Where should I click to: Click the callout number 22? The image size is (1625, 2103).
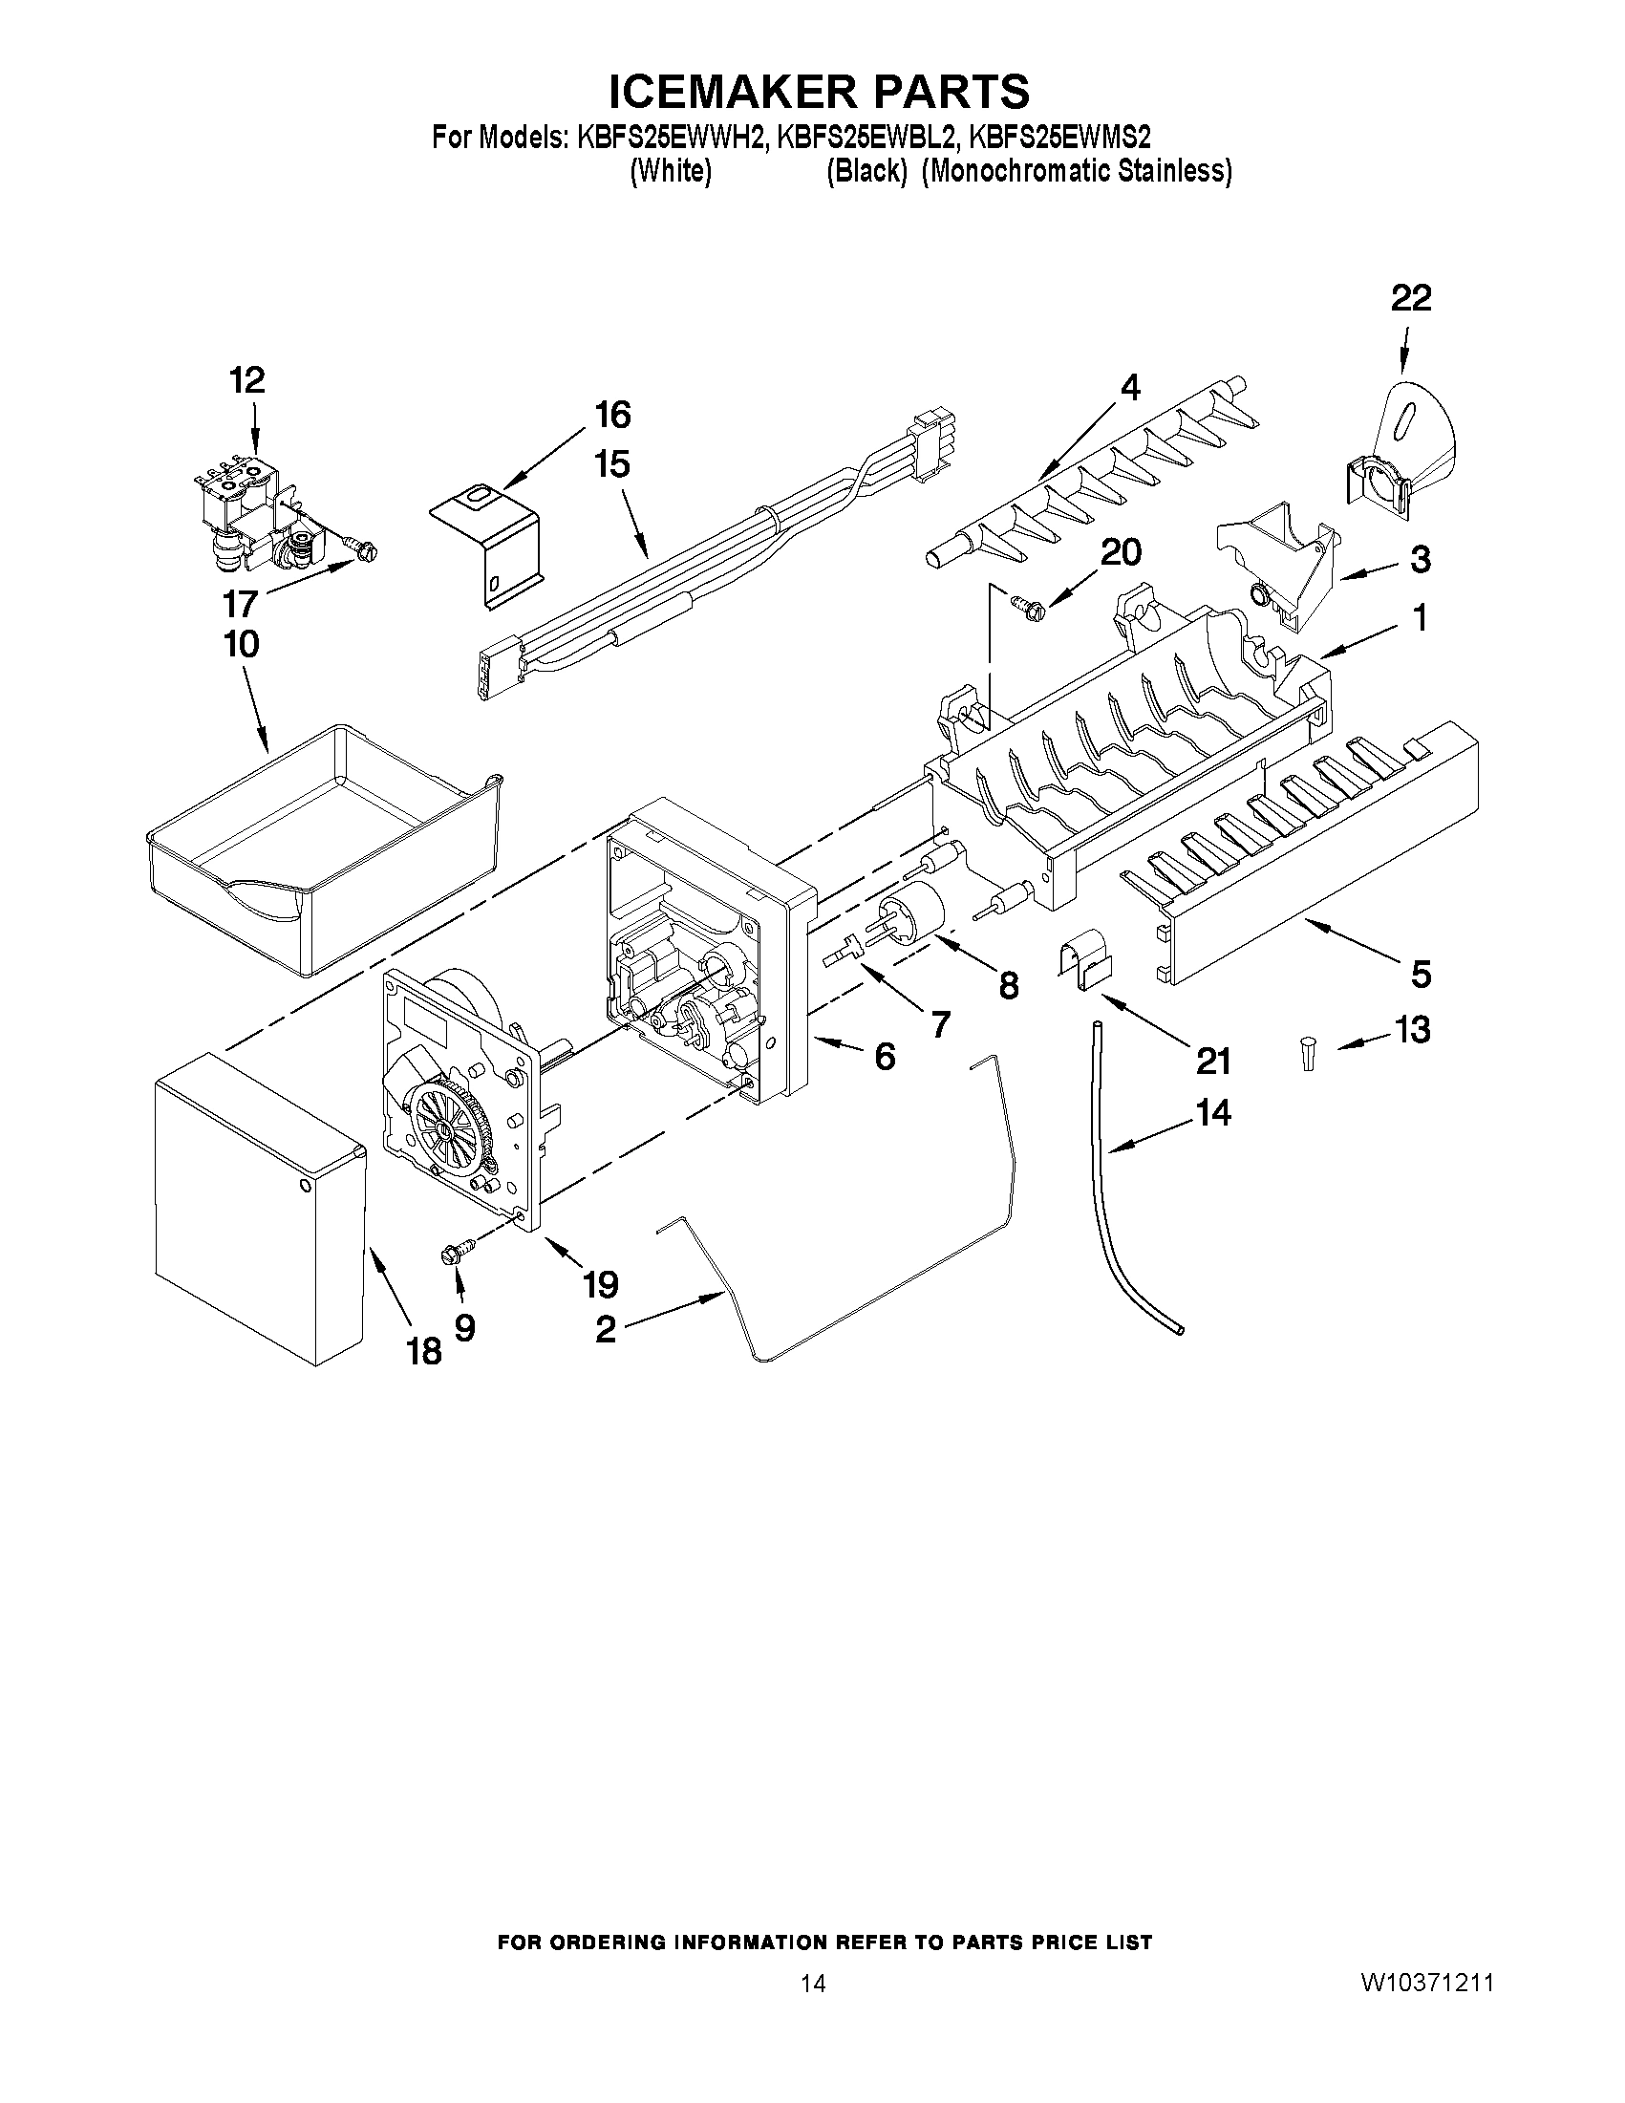click(x=1410, y=299)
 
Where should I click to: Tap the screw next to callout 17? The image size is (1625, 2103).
click(x=365, y=552)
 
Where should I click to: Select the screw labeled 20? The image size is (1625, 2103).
click(x=1025, y=605)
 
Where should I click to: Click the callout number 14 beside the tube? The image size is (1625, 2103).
click(x=1212, y=1113)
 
